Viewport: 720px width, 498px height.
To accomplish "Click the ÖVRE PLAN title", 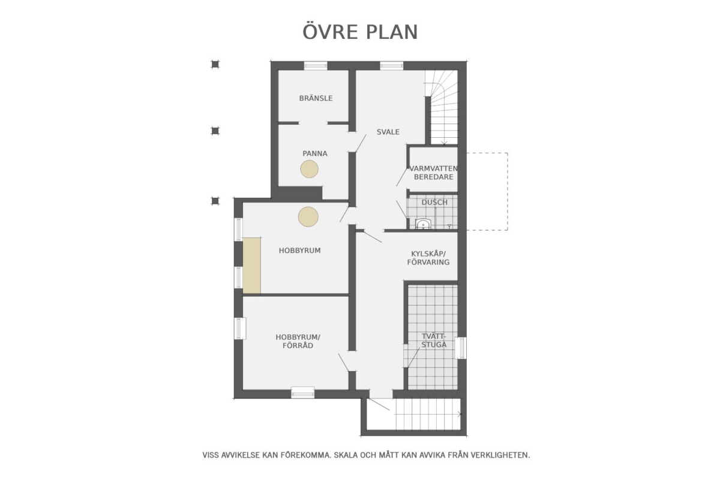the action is click(x=360, y=32).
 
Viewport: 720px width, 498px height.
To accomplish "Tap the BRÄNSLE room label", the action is click(x=316, y=98).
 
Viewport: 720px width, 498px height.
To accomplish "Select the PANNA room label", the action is click(x=314, y=153).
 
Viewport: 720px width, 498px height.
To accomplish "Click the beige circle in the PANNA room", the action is click(x=309, y=169).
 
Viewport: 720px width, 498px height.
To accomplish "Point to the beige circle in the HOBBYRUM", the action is click(x=308, y=217).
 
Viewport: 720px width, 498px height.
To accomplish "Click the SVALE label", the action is click(x=388, y=132).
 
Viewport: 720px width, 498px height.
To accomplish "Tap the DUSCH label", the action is click(x=434, y=203).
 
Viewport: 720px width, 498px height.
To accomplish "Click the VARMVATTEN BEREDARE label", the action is click(x=434, y=173).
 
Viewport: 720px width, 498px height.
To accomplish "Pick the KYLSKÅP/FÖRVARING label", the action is click(x=428, y=258).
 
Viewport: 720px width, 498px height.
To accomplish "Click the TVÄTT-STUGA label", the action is click(x=434, y=340).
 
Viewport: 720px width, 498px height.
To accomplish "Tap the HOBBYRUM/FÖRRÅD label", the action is click(x=298, y=342).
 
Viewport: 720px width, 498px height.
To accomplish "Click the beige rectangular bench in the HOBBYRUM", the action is click(x=251, y=265).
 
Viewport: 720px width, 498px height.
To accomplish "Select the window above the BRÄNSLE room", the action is click(x=316, y=65).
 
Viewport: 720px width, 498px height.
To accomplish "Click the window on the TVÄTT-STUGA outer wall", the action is click(x=461, y=348).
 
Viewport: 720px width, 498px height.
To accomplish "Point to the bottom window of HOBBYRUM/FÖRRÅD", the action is click(x=303, y=393).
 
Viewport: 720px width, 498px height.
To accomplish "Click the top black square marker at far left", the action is click(x=215, y=64).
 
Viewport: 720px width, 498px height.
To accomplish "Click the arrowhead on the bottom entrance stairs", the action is click(x=460, y=414).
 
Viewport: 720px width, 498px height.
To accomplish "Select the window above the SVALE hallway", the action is click(x=391, y=65).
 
